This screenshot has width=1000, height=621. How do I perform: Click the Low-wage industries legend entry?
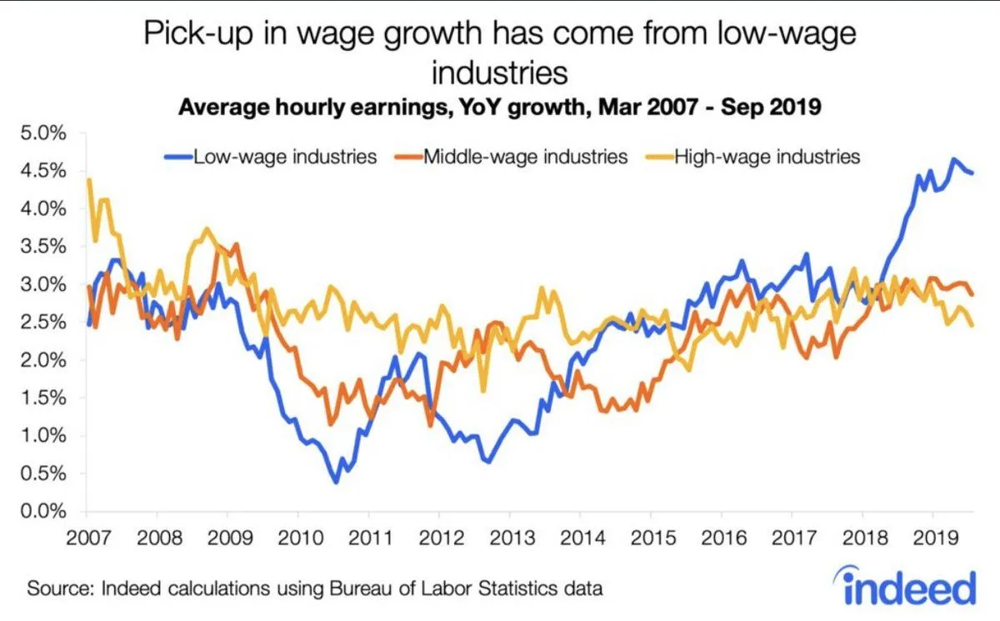pyautogui.click(x=284, y=156)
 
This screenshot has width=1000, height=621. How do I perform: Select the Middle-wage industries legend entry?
pyautogui.click(x=524, y=156)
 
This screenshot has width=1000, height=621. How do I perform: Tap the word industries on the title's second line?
pyautogui.click(x=499, y=73)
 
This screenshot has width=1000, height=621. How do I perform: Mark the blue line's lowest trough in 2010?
pyautogui.click(x=336, y=482)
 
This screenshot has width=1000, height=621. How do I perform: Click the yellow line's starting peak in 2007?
pyautogui.click(x=89, y=180)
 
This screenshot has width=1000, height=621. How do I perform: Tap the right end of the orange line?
pyautogui.click(x=972, y=293)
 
